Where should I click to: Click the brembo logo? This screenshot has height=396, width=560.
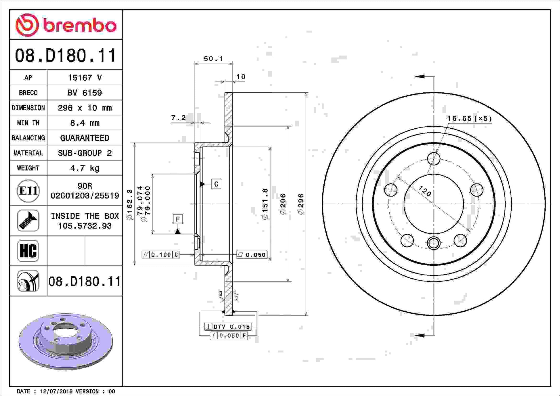[66, 25]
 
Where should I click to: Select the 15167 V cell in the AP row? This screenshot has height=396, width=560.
[85, 77]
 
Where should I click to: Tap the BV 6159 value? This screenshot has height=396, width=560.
[85, 93]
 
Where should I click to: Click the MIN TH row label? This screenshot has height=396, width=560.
[28, 123]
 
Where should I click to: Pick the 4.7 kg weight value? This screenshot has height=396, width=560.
[85, 168]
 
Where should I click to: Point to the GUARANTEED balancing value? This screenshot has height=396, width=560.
[85, 138]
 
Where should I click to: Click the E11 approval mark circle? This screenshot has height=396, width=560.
[28, 191]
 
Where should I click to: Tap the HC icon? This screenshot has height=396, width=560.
[28, 251]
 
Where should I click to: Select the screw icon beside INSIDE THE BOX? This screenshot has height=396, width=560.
[28, 221]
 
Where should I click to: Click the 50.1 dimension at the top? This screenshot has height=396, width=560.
[213, 59]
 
